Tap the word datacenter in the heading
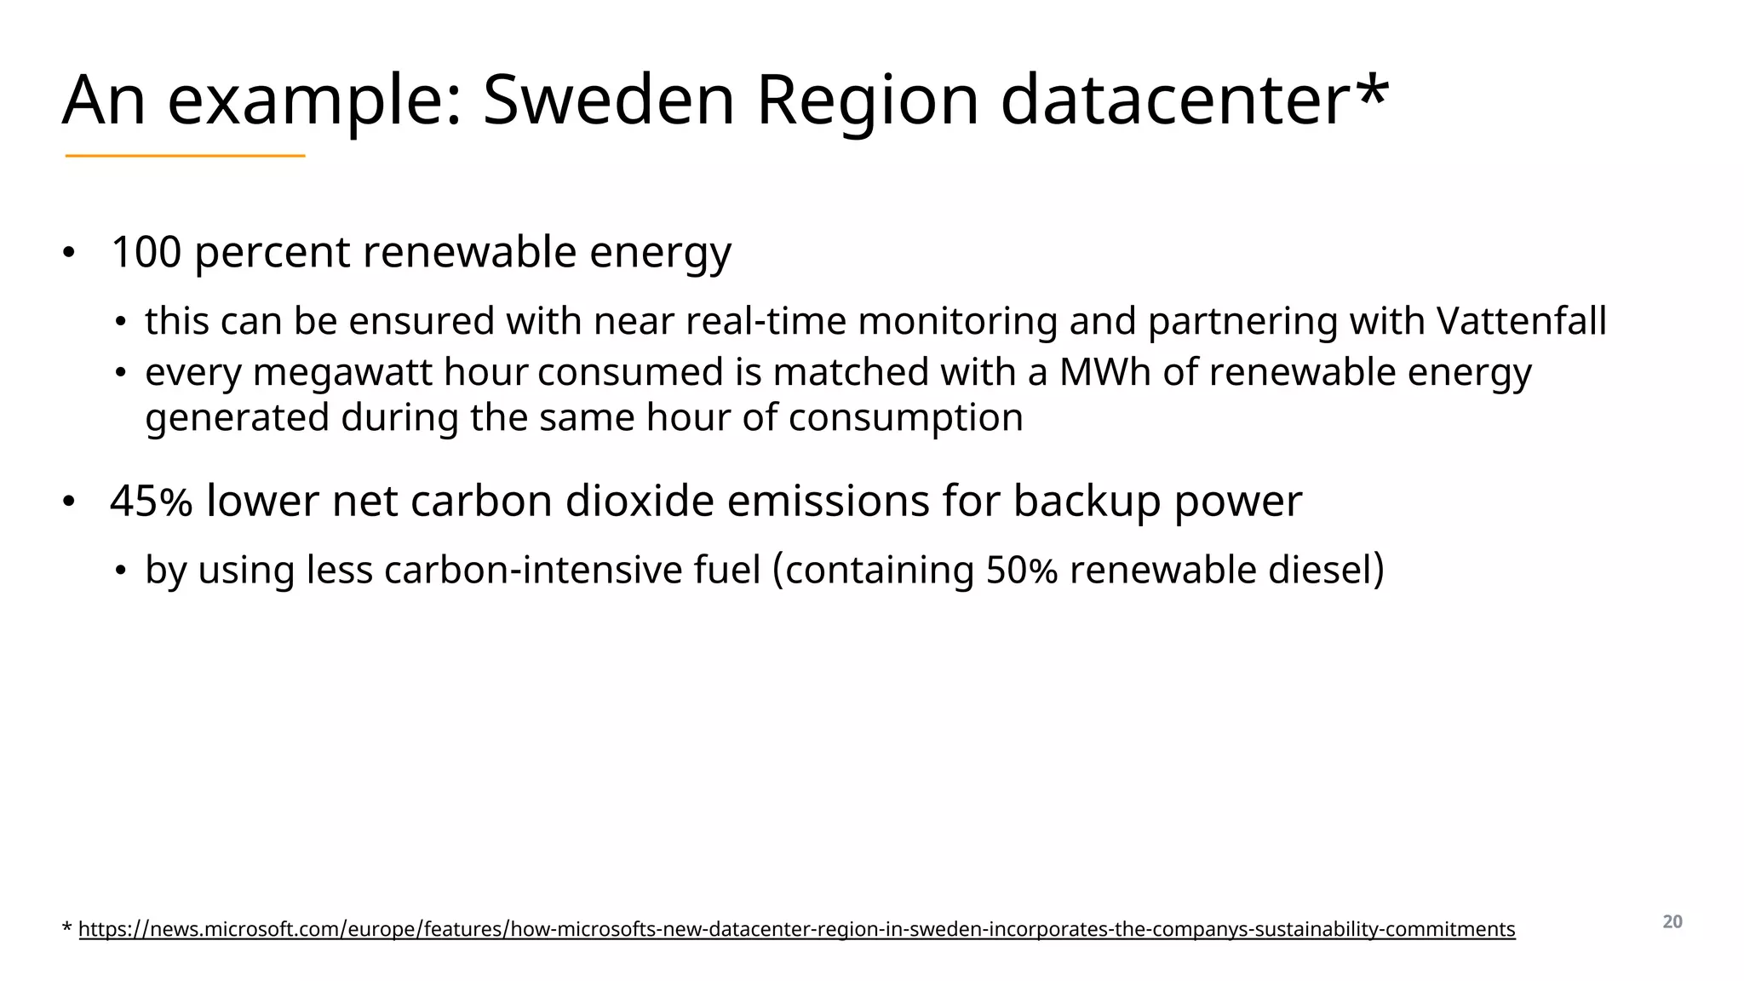[x=1174, y=100]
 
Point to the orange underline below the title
[x=185, y=156]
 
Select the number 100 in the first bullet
[x=146, y=252]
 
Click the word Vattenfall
[x=1521, y=321]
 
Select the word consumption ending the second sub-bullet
[x=905, y=417]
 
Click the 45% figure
[x=151, y=501]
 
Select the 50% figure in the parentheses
[x=1021, y=570]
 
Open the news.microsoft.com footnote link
[x=796, y=929]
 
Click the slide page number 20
[x=1672, y=922]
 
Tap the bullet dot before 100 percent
[x=68, y=253]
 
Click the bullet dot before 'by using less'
[x=121, y=571]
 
